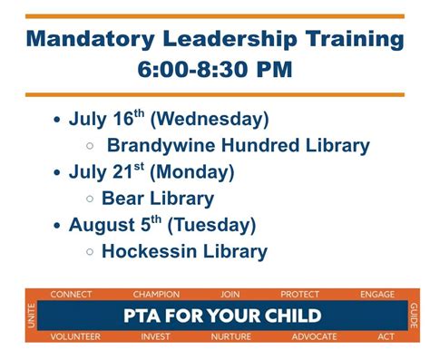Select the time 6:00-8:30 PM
[214, 70]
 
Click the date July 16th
[109, 120]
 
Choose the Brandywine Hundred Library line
[238, 145]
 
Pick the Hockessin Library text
[184, 251]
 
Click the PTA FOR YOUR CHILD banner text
[222, 316]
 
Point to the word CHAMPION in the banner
[156, 295]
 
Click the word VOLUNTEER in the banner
[75, 336]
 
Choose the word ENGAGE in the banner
[377, 295]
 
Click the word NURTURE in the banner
[231, 336]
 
